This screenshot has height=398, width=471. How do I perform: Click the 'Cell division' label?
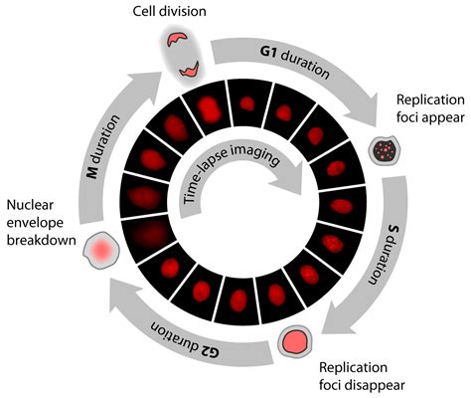point(170,11)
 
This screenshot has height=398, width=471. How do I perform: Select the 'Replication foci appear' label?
point(430,108)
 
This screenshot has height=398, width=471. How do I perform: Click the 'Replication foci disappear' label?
point(362,376)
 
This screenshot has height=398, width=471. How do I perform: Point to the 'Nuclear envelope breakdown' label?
point(41,223)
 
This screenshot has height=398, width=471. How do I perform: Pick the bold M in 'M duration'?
point(92,171)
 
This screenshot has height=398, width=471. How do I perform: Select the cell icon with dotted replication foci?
point(385,151)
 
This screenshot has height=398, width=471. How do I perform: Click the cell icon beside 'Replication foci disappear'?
point(294,341)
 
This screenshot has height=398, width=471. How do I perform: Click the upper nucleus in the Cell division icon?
point(176,39)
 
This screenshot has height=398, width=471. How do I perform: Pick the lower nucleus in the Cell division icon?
point(189,69)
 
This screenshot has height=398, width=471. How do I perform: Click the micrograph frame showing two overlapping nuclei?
point(208,108)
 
